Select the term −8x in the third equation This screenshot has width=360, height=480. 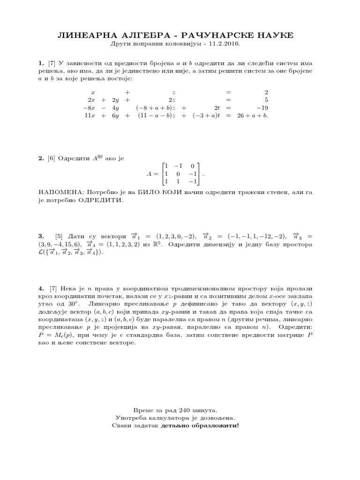91,107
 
